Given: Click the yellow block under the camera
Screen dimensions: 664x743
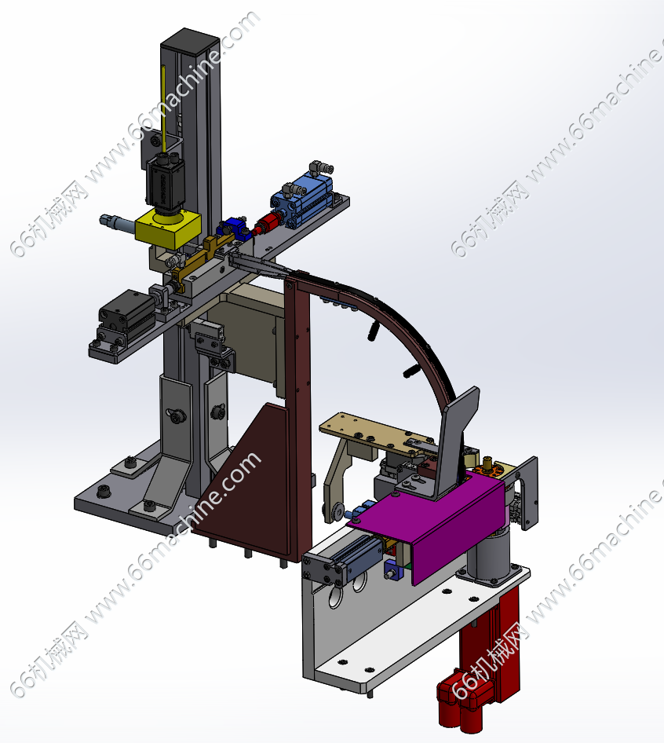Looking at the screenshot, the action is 168,229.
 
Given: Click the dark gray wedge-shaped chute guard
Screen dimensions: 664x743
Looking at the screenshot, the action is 455,441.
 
